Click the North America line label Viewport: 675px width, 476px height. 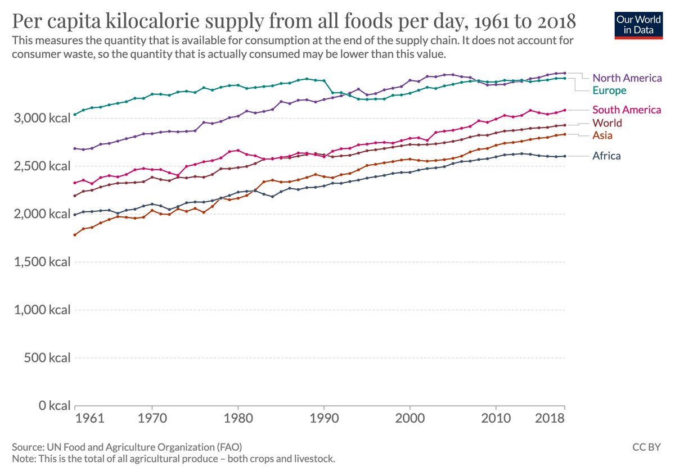(x=627, y=78)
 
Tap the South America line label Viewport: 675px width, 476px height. (x=627, y=110)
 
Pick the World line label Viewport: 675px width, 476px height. (x=607, y=123)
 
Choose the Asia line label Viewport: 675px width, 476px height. (x=602, y=135)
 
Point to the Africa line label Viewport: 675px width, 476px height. (x=606, y=156)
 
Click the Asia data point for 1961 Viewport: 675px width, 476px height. (x=75, y=234)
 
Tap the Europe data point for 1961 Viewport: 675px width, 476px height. (x=75, y=115)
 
